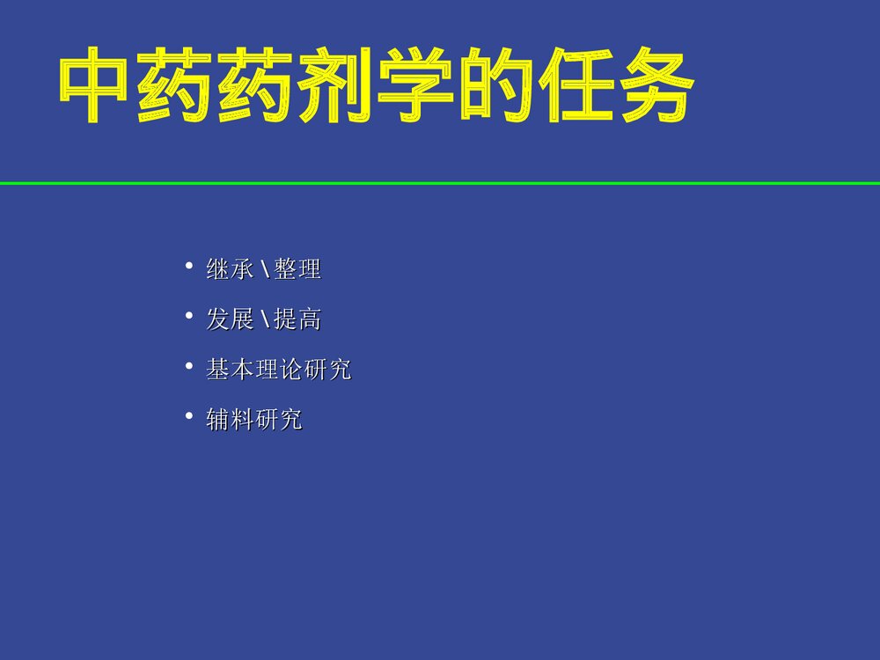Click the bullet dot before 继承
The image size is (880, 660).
tap(188, 265)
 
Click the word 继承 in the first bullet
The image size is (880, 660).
tap(231, 269)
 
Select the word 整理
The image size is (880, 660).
tap(297, 269)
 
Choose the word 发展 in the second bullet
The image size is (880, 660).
tap(231, 319)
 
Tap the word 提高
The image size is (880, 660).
tap(297, 319)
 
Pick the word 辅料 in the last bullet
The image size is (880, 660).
tap(231, 420)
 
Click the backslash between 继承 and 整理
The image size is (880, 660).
tap(264, 269)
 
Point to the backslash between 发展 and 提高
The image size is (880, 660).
tap(264, 319)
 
